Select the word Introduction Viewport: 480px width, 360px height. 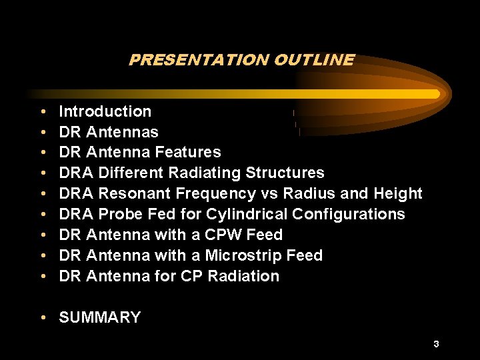pos(105,111)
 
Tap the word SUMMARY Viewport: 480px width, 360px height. pos(100,317)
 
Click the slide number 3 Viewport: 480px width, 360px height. pos(436,344)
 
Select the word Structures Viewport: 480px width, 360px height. pos(285,173)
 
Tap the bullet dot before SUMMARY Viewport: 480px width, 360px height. pos(43,318)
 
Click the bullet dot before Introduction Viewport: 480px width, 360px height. pos(43,112)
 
